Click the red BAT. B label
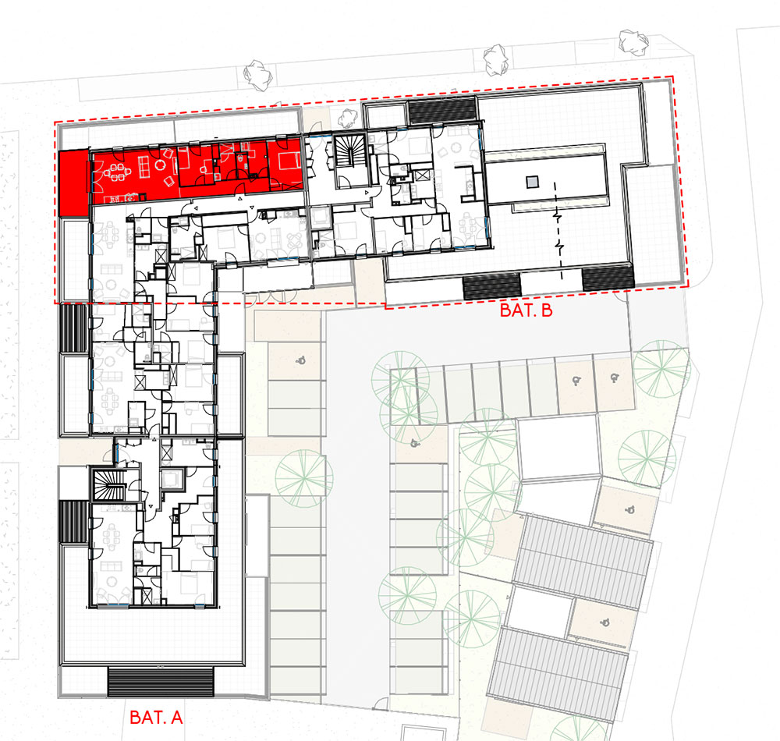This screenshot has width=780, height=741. click(x=526, y=310)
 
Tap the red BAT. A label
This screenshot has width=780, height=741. click(x=156, y=717)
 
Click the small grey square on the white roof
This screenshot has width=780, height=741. click(x=532, y=182)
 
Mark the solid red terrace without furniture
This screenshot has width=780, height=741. click(x=73, y=184)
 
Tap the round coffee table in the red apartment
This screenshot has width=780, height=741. click(x=160, y=165)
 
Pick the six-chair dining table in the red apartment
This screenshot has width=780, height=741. click(x=116, y=172)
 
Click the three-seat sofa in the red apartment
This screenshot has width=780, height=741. click(x=144, y=166)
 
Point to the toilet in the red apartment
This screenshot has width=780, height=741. click(x=240, y=160)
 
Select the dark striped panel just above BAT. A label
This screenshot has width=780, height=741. click(x=161, y=682)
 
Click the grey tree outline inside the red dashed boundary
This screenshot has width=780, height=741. click(x=348, y=117)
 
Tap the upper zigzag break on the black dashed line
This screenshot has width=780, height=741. click(x=559, y=218)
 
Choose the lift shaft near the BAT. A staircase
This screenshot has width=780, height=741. click(x=172, y=480)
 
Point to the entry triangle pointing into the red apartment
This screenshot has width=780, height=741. click(x=240, y=199)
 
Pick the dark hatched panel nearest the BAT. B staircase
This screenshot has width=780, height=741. click(x=441, y=111)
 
